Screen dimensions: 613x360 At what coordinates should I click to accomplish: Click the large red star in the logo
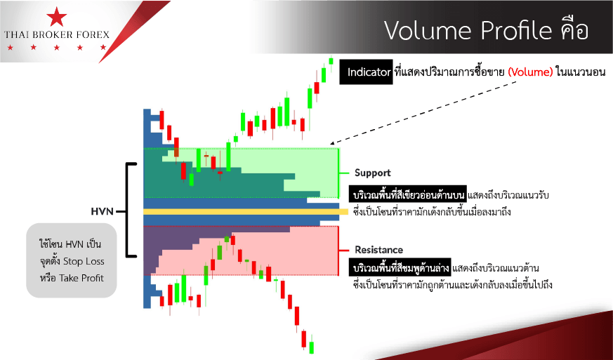(57, 16)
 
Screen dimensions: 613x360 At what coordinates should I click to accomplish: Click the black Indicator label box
(366, 72)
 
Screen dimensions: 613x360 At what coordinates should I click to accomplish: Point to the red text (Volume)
(531, 72)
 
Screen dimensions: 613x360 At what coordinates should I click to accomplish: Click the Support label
(373, 173)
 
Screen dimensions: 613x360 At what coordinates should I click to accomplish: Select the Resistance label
(378, 250)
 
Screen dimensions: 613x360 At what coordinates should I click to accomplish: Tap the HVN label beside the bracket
(102, 211)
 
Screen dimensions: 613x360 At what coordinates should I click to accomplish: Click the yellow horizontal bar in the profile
(246, 212)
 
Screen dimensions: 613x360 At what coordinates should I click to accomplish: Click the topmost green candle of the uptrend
(331, 60)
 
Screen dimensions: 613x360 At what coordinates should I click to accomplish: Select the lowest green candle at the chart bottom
(312, 347)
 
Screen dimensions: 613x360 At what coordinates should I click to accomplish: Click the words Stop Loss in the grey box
(84, 261)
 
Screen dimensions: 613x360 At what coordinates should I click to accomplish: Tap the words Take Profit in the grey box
(81, 278)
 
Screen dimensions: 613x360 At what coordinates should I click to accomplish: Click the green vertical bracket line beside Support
(338, 173)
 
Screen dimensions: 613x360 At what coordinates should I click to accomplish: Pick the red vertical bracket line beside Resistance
(338, 251)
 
